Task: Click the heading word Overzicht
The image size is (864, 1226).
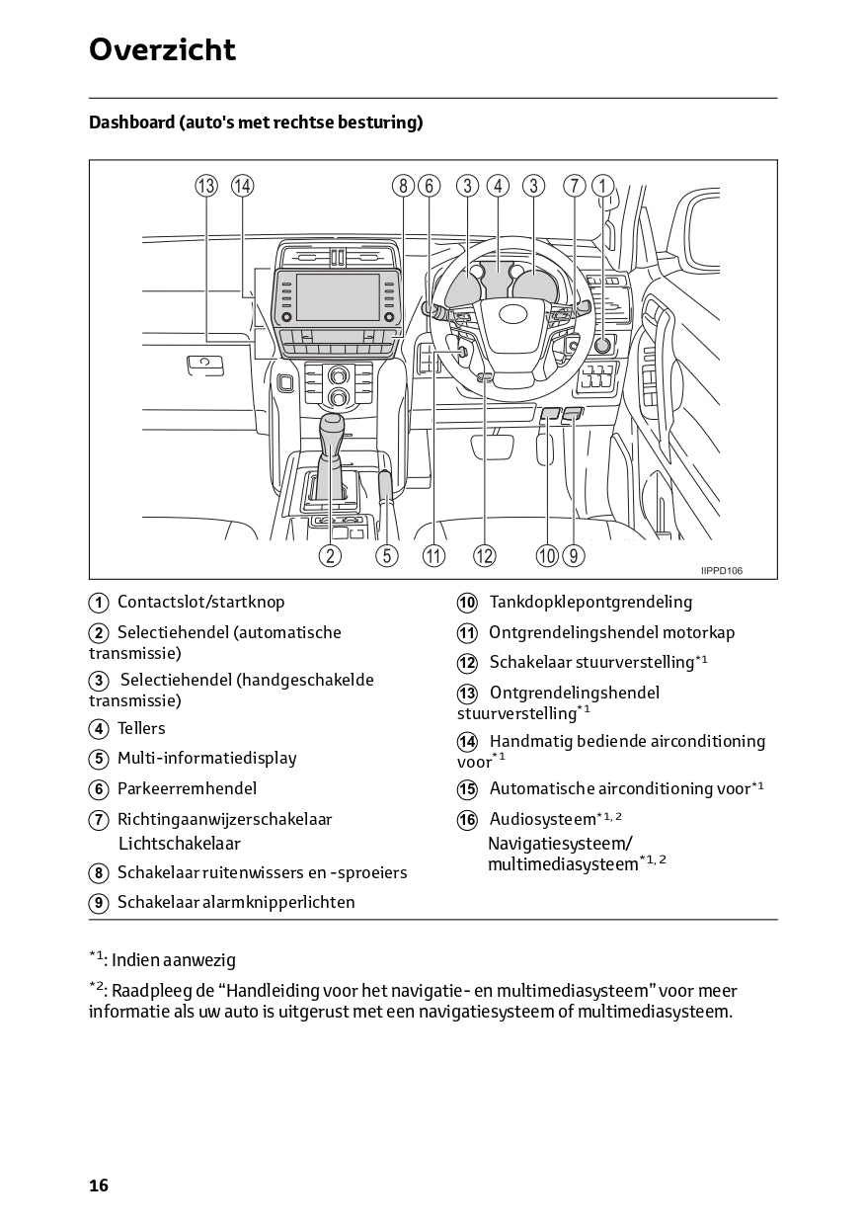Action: [x=162, y=49]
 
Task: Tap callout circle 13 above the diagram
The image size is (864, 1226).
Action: [x=205, y=186]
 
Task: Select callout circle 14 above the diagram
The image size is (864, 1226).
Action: [x=242, y=186]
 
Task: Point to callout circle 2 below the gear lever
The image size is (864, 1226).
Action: [x=330, y=555]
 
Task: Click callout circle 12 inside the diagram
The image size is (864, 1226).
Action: [x=484, y=555]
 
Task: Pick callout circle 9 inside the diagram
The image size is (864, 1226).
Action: [x=574, y=555]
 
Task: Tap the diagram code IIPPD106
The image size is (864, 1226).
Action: [x=722, y=570]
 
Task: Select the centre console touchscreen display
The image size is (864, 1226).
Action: [x=337, y=297]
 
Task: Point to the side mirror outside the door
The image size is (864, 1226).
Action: [x=701, y=232]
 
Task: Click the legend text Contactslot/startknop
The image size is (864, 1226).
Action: [x=200, y=602]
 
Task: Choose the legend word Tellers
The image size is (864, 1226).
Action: [x=141, y=729]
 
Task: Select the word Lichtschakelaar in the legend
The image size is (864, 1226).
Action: [x=179, y=844]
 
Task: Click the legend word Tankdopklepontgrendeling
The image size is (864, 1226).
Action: [x=590, y=602]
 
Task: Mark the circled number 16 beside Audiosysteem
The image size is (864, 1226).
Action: [x=467, y=820]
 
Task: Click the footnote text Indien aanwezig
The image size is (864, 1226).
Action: [x=174, y=960]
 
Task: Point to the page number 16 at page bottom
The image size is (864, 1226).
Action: [x=99, y=1185]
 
